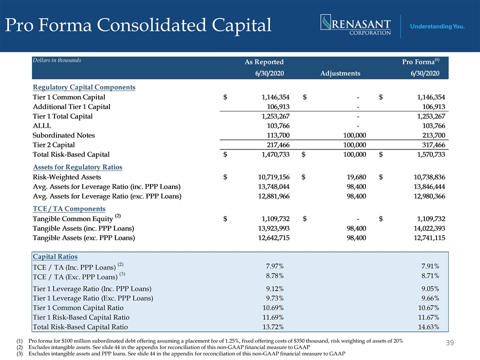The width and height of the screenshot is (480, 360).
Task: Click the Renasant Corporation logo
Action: (355, 25)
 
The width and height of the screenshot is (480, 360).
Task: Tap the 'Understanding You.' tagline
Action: (437, 26)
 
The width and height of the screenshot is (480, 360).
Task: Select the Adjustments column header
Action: (340, 73)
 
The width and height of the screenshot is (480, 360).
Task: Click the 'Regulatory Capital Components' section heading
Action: (84, 87)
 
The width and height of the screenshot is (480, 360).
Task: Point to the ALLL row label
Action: (42, 126)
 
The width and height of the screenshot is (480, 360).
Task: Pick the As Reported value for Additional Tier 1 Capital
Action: (278, 106)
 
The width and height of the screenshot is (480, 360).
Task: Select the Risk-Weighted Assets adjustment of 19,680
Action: (356, 177)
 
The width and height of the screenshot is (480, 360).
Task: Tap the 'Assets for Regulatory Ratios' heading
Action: (77, 167)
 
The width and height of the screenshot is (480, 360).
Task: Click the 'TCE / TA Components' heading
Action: (69, 209)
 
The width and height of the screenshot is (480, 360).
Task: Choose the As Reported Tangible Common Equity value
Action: (275, 218)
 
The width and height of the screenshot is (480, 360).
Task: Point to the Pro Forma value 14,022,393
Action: (429, 228)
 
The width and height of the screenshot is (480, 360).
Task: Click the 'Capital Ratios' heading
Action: (55, 256)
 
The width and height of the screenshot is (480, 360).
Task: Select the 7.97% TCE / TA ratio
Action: (274, 266)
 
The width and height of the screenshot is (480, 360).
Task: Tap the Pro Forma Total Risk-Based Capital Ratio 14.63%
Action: (428, 327)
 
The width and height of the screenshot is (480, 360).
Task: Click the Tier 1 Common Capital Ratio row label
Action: (78, 308)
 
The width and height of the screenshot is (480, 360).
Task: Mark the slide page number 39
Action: (449, 342)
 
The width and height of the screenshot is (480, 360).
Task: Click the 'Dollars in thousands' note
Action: (57, 60)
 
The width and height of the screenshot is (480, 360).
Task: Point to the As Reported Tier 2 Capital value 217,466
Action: (278, 145)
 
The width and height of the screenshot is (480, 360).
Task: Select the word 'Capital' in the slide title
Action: (241, 25)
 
